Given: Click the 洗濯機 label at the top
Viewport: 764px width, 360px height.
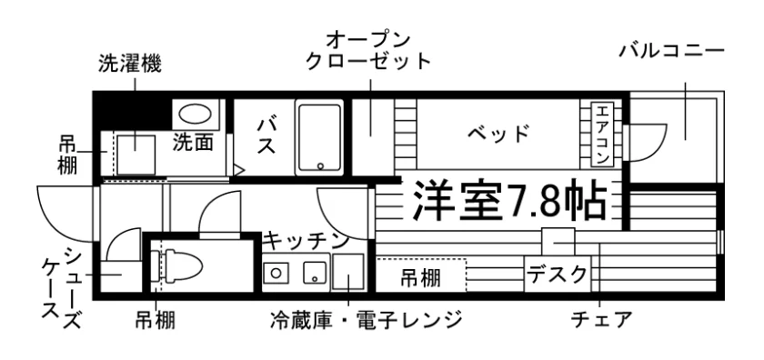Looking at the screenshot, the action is click(129, 64).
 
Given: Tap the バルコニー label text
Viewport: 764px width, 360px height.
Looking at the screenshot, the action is click(672, 51).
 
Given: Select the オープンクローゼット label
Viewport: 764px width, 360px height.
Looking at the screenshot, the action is click(367, 51).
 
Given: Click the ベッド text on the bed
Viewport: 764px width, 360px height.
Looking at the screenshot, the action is click(498, 133).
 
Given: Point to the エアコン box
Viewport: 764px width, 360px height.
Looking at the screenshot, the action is click(601, 135).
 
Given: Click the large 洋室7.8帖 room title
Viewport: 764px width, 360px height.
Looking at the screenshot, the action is click(509, 201).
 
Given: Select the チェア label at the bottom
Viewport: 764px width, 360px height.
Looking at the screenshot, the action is click(601, 320).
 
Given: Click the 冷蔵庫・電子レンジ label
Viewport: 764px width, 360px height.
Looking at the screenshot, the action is click(366, 320).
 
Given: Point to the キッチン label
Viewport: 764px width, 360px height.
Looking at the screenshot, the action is click(307, 241).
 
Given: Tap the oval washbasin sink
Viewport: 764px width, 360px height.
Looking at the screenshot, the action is click(196, 114).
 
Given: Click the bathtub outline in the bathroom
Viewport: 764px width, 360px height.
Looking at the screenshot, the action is click(319, 138).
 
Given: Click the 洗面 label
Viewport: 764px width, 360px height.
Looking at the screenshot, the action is click(194, 141).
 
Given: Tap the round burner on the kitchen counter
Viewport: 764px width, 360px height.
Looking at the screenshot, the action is click(276, 273).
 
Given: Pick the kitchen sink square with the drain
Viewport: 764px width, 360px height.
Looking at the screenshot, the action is click(316, 273).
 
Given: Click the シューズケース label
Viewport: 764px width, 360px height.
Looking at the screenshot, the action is click(61, 288).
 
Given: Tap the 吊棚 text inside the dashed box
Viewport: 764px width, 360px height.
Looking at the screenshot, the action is click(421, 278).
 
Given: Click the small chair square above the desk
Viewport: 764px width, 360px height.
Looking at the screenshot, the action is click(558, 242).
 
